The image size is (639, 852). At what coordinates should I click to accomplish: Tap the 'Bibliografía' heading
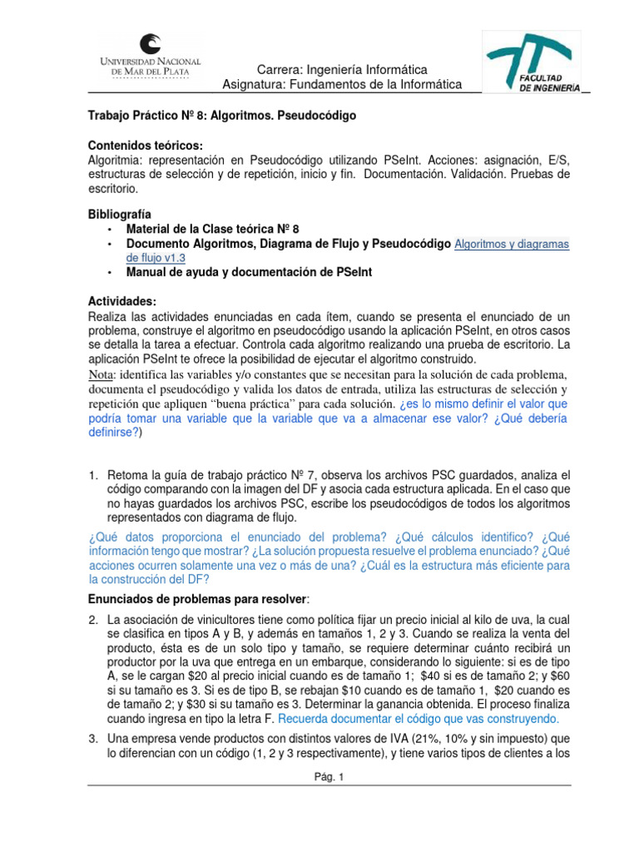120,214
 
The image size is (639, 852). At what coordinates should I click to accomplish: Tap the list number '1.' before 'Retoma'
94,475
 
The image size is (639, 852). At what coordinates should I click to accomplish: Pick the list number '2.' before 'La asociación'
94,620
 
